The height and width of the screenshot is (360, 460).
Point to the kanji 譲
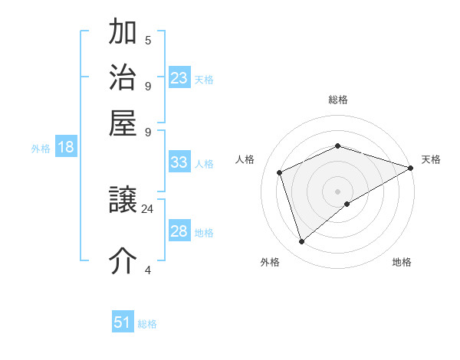pyautogui.click(x=123, y=201)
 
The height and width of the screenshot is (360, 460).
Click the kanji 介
pyautogui.click(x=123, y=260)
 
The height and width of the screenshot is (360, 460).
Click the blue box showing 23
pyautogui.click(x=179, y=78)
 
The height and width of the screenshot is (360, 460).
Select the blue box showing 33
pyautogui.click(x=179, y=162)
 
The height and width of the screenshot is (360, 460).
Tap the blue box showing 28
pyautogui.click(x=179, y=232)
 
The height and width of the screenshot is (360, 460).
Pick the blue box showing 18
pyautogui.click(x=66, y=148)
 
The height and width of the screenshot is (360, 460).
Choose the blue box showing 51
pyautogui.click(x=123, y=322)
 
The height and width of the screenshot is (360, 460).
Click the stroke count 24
pyautogui.click(x=148, y=208)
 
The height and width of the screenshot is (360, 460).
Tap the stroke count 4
pyautogui.click(x=148, y=270)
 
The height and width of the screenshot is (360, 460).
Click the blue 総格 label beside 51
pyautogui.click(x=147, y=324)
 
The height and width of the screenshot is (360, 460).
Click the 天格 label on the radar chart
pyautogui.click(x=431, y=159)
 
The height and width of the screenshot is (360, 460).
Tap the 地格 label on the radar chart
pyautogui.click(x=402, y=262)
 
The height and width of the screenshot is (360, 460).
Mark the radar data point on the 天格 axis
pyautogui.click(x=410, y=167)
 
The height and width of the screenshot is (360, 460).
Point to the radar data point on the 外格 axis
pyautogui.click(x=301, y=242)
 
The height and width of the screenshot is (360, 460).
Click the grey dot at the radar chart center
pyautogui.click(x=337, y=191)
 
